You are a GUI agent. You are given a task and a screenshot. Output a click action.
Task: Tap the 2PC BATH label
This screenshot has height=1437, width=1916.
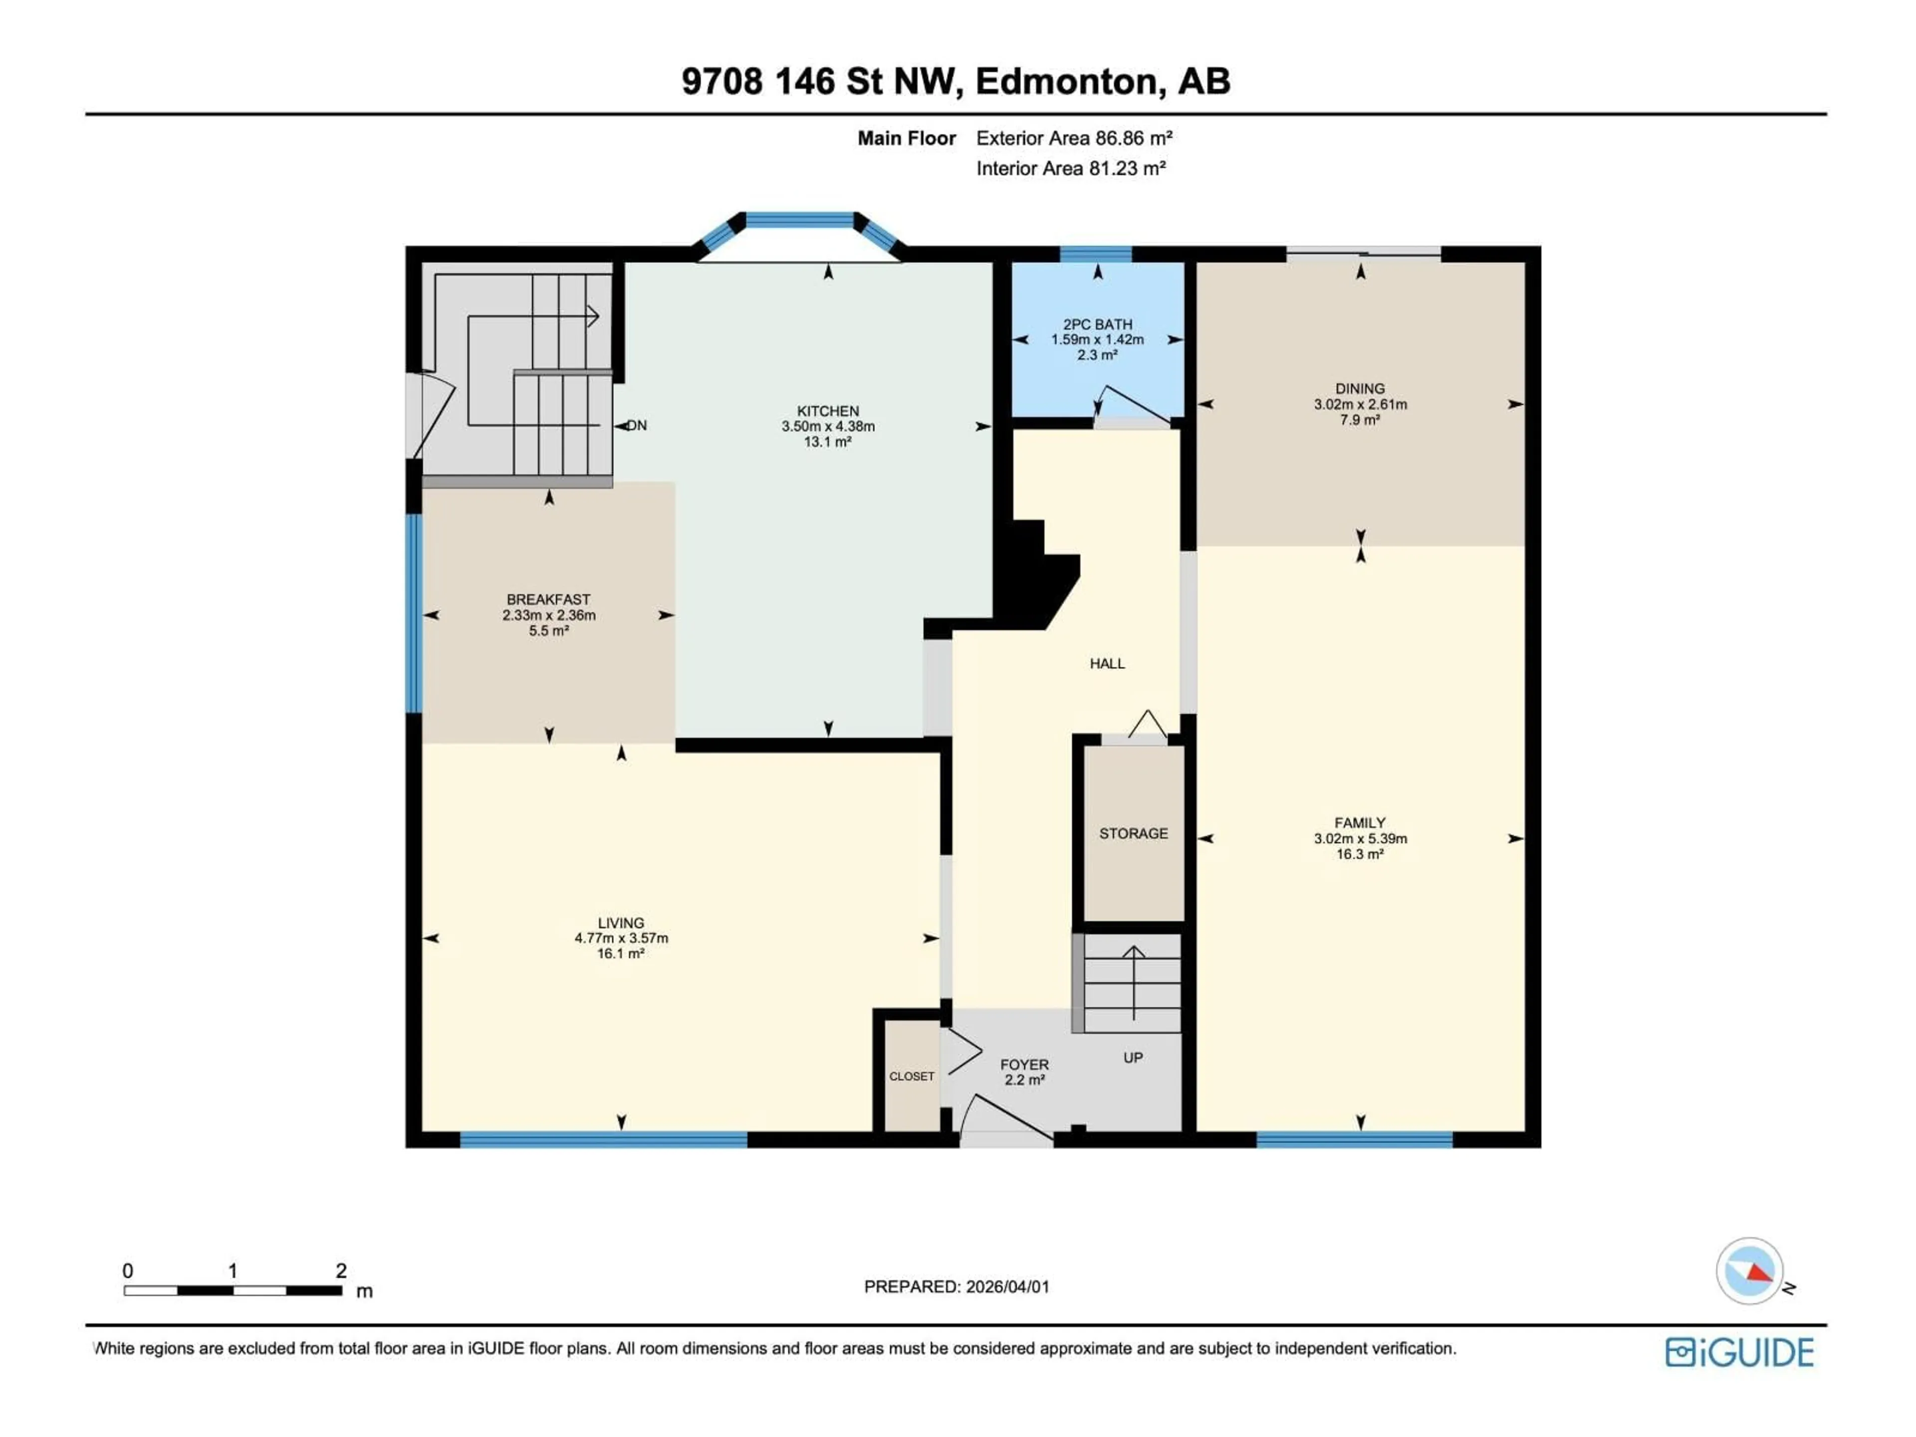[1097, 324]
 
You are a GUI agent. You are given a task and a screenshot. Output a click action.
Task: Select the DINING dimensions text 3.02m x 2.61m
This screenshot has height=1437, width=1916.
[1360, 405]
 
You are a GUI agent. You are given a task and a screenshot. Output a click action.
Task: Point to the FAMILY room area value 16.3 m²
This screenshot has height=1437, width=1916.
[1360, 854]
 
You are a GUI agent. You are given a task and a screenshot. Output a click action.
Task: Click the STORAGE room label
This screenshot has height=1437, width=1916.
[1133, 833]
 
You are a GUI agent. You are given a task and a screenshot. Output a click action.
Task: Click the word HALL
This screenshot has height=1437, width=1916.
[1107, 664]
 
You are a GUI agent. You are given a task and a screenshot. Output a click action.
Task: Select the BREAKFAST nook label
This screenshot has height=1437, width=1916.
[548, 599]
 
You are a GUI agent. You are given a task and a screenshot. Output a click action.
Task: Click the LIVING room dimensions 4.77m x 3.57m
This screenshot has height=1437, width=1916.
[621, 938]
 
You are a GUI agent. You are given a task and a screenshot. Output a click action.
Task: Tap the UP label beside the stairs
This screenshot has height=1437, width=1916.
[1133, 1058]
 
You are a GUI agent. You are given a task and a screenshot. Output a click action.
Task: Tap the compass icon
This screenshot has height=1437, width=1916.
[1750, 1271]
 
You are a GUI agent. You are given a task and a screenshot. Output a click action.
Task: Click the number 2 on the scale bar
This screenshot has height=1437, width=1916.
[341, 1271]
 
